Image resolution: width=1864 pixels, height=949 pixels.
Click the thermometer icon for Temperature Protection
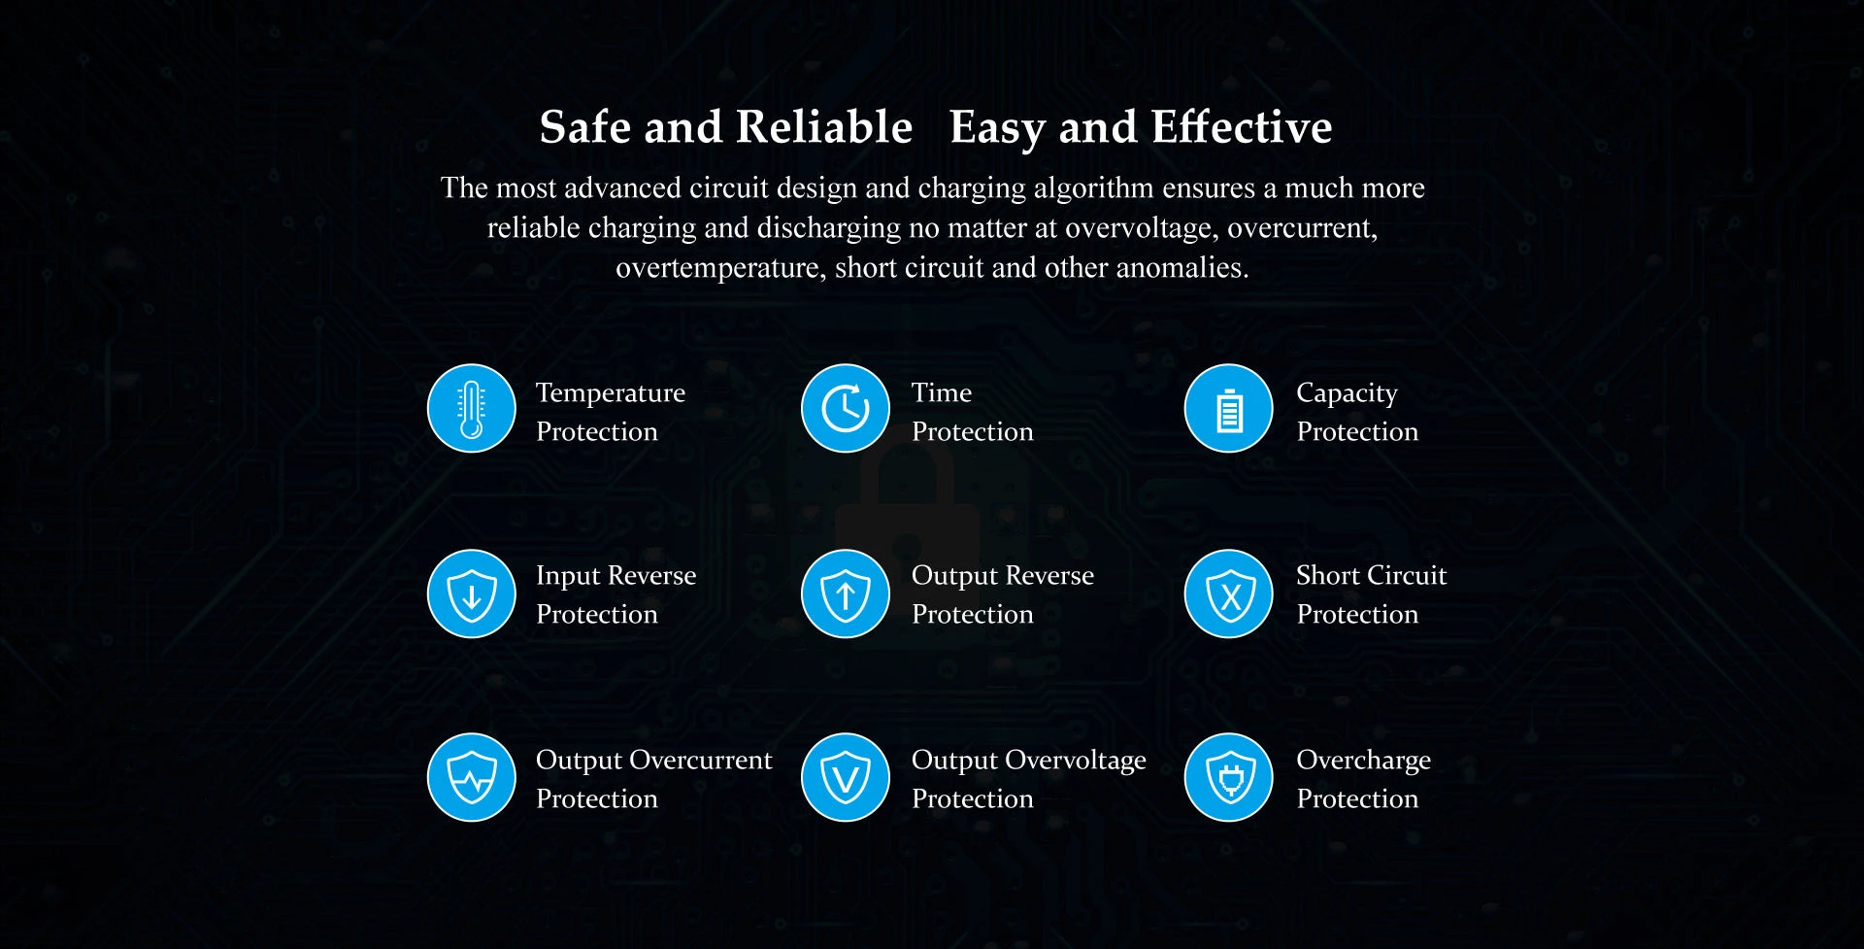(x=472, y=409)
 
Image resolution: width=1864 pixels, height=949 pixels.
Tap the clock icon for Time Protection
(x=846, y=409)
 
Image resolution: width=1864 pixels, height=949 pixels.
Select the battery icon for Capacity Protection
(x=1229, y=409)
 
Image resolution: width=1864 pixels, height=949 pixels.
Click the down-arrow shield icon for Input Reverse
(x=472, y=594)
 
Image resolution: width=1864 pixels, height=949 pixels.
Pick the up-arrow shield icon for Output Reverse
(x=846, y=594)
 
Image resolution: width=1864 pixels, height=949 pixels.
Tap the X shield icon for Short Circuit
(x=1229, y=594)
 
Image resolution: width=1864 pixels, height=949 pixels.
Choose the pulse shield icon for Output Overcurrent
(x=472, y=777)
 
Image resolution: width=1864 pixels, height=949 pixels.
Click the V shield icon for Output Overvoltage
(x=846, y=777)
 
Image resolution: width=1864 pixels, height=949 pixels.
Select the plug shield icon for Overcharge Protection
(x=1229, y=777)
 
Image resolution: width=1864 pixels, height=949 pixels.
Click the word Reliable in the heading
(x=824, y=127)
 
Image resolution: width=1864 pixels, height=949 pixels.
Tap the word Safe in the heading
(x=585, y=127)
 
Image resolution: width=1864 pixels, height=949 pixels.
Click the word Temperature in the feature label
(x=611, y=393)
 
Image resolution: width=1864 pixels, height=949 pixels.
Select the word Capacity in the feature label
(x=1347, y=393)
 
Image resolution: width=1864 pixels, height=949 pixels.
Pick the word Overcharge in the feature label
(x=1364, y=761)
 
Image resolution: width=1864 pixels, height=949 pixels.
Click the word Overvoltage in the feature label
(x=1076, y=761)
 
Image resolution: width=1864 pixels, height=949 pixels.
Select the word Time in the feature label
(x=942, y=392)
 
